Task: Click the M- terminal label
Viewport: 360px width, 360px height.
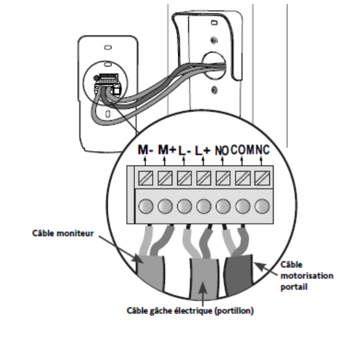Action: click(145, 150)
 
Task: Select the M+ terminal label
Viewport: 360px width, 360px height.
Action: click(167, 150)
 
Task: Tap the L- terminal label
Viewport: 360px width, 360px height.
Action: click(185, 151)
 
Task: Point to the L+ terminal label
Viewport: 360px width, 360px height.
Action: click(202, 151)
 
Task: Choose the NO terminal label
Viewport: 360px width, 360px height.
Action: click(221, 151)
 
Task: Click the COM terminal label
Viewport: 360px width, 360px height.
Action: click(243, 150)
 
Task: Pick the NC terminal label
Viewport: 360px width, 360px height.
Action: click(262, 150)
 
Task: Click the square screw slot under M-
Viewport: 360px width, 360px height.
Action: click(145, 178)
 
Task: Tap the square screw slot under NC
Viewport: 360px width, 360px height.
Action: click(262, 178)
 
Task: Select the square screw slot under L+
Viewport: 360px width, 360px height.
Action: click(204, 178)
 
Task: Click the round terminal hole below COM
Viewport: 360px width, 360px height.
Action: click(243, 206)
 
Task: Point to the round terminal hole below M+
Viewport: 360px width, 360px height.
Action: click(165, 206)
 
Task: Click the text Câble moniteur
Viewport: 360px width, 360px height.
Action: click(63, 233)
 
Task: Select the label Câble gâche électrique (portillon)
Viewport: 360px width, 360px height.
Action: click(190, 311)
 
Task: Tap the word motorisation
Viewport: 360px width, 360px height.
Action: click(307, 275)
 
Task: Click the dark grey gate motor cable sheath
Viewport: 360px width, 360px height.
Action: click(239, 274)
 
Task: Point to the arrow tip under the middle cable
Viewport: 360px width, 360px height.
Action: click(202, 282)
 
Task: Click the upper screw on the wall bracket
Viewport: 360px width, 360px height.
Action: click(214, 40)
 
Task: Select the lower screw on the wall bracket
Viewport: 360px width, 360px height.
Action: click(214, 90)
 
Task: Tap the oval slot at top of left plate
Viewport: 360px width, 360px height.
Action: click(108, 47)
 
